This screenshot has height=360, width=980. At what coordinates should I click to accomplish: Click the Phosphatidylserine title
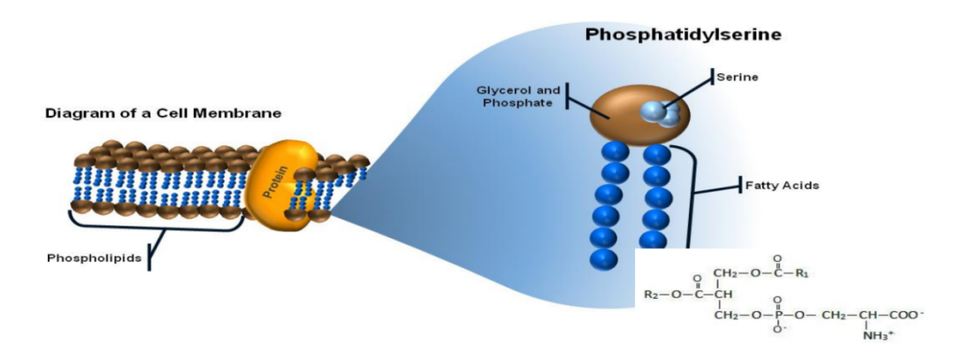pyautogui.click(x=683, y=35)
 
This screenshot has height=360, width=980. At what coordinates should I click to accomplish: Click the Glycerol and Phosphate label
pyautogui.click(x=516, y=96)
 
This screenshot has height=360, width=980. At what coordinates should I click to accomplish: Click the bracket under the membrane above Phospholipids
pyautogui.click(x=156, y=226)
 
